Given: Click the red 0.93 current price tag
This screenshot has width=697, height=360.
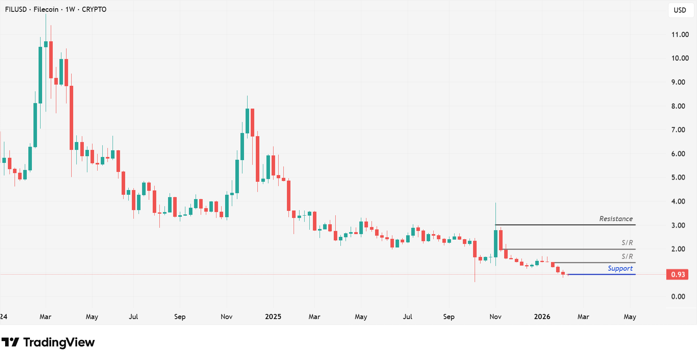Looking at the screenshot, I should pos(677,274).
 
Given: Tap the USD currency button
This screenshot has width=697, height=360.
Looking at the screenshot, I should pos(680,10).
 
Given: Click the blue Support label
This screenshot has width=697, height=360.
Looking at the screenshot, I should pos(620,268).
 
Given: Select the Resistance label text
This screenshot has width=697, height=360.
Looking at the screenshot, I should pos(616,219).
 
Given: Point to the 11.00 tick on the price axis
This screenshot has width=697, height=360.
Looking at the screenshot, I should pos(680,35).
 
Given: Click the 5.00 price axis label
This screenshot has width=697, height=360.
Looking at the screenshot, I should pos(678,177).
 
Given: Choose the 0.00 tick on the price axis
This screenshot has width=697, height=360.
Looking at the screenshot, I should pos(678,297).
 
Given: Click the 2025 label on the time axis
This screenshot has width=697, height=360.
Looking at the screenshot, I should pos(273,317).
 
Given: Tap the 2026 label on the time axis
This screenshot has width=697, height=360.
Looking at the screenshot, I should pos(542,317).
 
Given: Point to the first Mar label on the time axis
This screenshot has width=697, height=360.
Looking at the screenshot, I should pos(45,317).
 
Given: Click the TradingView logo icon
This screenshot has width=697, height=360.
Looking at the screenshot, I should pos(10,342).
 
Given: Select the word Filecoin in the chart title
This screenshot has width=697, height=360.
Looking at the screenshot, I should pos(46,9).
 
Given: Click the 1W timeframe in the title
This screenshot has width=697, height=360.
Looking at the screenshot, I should pos(70,9).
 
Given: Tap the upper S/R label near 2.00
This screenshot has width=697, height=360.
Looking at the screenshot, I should pos(627,243).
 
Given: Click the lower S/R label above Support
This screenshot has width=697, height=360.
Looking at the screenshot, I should pos(627,257).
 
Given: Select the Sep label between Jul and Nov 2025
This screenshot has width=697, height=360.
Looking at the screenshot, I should pos(449,317).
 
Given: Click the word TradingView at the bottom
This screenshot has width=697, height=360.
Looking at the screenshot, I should pos(59,342).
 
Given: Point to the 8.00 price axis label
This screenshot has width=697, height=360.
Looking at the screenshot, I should pos(678,106).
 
